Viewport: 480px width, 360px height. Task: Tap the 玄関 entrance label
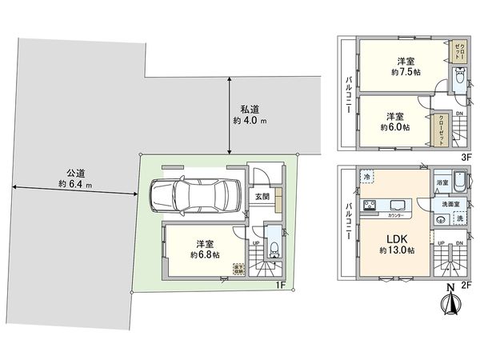tap(262, 196)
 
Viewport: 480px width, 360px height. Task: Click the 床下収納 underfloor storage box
tap(238, 270)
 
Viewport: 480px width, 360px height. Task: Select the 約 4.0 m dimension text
tap(250, 122)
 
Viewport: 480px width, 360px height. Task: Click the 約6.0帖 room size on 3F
tap(395, 127)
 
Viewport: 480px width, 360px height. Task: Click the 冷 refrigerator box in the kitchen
tap(366, 176)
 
